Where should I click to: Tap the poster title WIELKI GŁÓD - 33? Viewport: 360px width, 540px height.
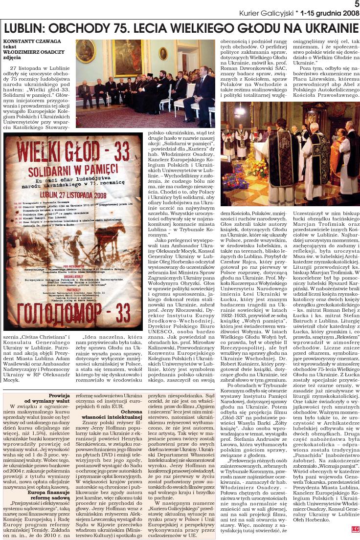click(x=72, y=151)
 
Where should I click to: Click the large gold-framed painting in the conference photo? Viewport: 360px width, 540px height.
click(x=128, y=59)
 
